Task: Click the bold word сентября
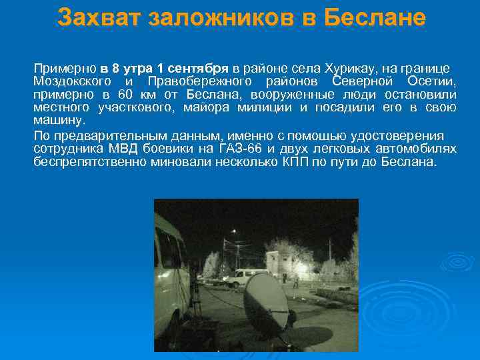pos(197,68)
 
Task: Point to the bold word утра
pos(137,68)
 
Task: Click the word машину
pos(59,121)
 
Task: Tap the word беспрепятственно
pos(90,161)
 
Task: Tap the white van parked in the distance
pos(243,277)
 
